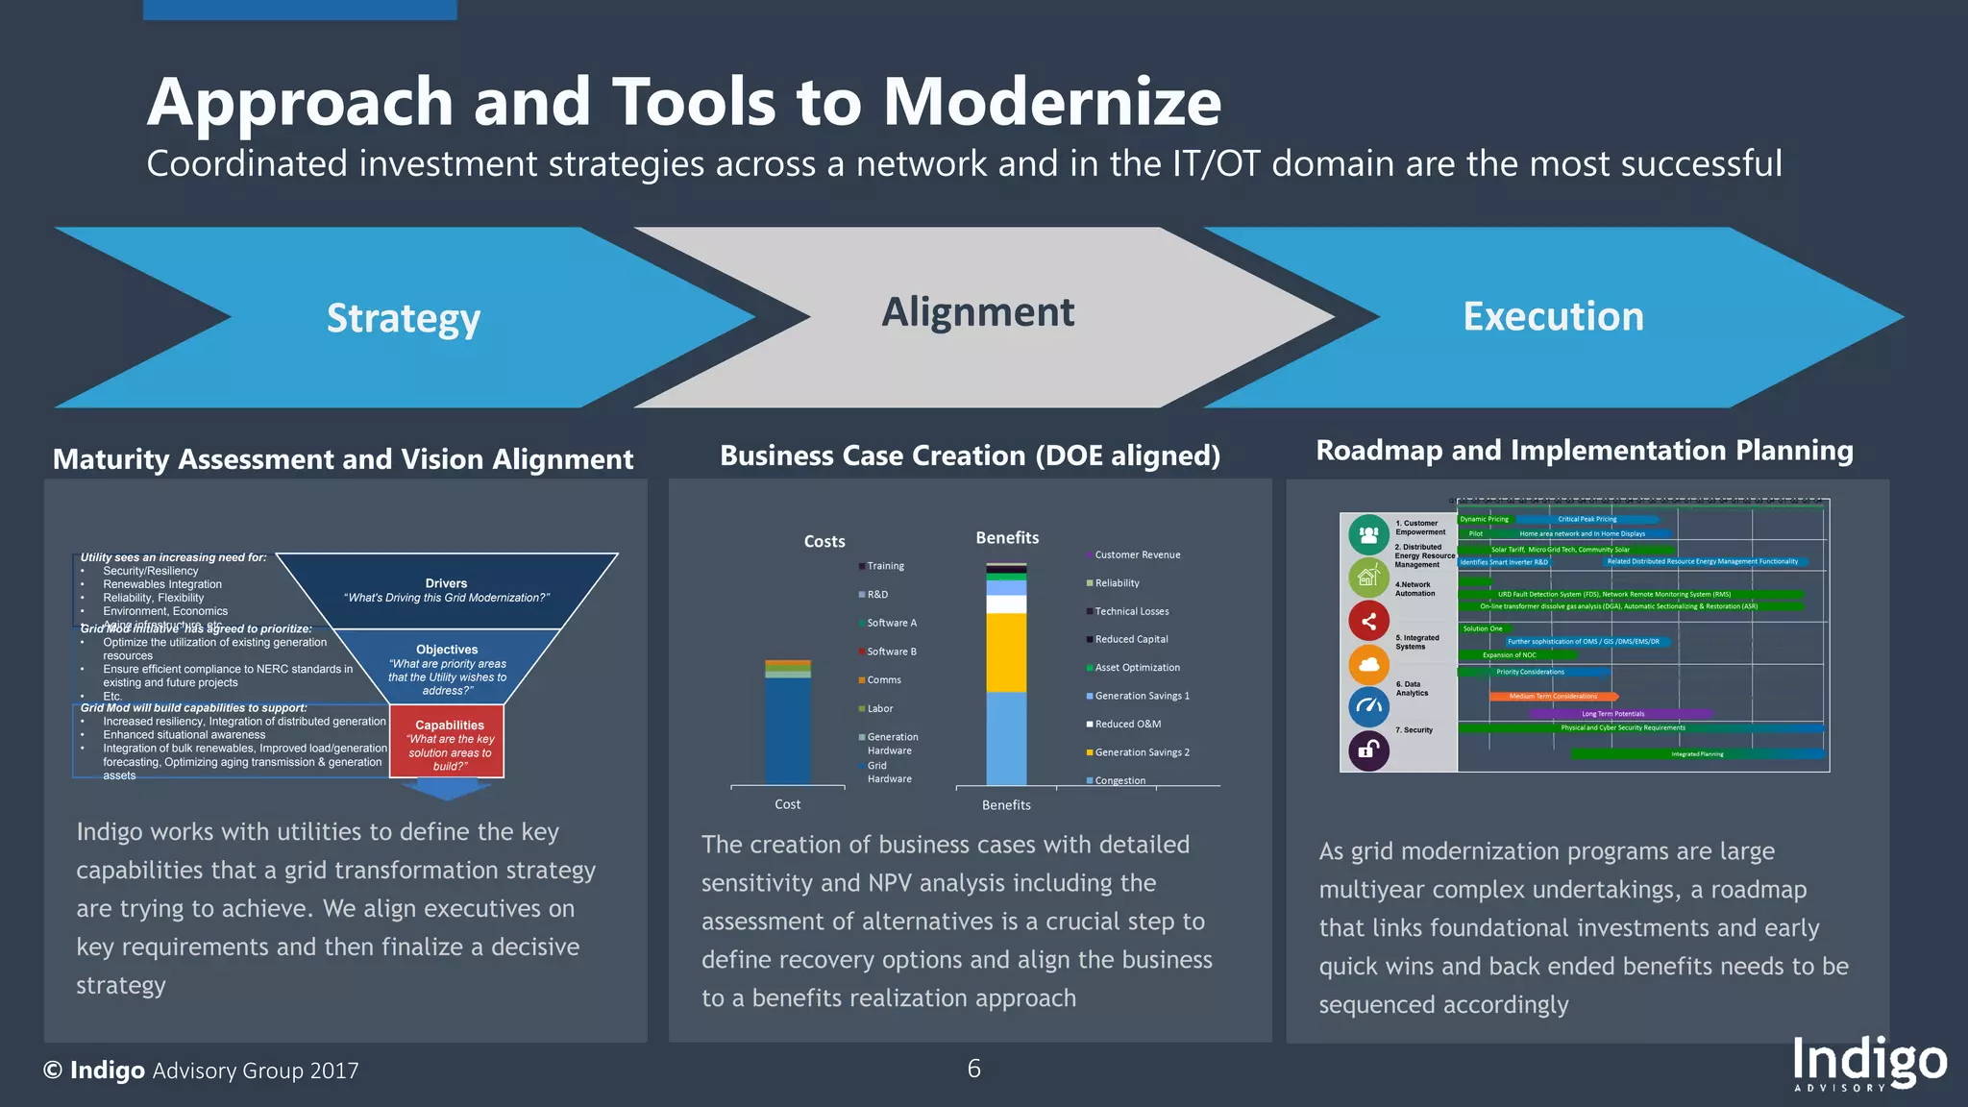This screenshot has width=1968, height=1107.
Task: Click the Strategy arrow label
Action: (x=403, y=318)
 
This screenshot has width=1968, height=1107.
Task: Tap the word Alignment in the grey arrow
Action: (x=977, y=312)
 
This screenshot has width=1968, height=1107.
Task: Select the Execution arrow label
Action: (x=1553, y=316)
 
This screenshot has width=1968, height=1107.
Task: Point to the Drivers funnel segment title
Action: (x=446, y=583)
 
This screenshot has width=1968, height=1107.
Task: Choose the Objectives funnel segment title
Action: (x=447, y=650)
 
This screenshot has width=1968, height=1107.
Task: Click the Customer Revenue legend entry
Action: (x=1137, y=554)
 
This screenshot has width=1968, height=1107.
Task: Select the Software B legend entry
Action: (x=891, y=652)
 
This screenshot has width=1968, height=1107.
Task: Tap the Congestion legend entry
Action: (x=1119, y=780)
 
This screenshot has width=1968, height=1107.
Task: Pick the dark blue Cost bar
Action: (x=788, y=730)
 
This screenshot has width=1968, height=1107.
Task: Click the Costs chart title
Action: (x=824, y=542)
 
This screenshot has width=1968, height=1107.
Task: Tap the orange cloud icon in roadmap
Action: (x=1368, y=664)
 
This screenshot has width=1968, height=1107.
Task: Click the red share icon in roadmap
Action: (x=1368, y=621)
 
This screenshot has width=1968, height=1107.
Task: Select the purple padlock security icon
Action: (x=1368, y=750)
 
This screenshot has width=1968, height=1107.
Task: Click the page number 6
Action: (x=973, y=1069)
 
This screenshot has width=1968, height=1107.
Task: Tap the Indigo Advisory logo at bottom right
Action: (x=1869, y=1064)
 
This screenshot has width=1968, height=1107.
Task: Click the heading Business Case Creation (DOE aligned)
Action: (x=970, y=455)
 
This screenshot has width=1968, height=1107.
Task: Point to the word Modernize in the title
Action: (x=1051, y=102)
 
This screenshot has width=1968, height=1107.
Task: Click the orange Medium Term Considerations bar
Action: (x=1553, y=696)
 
